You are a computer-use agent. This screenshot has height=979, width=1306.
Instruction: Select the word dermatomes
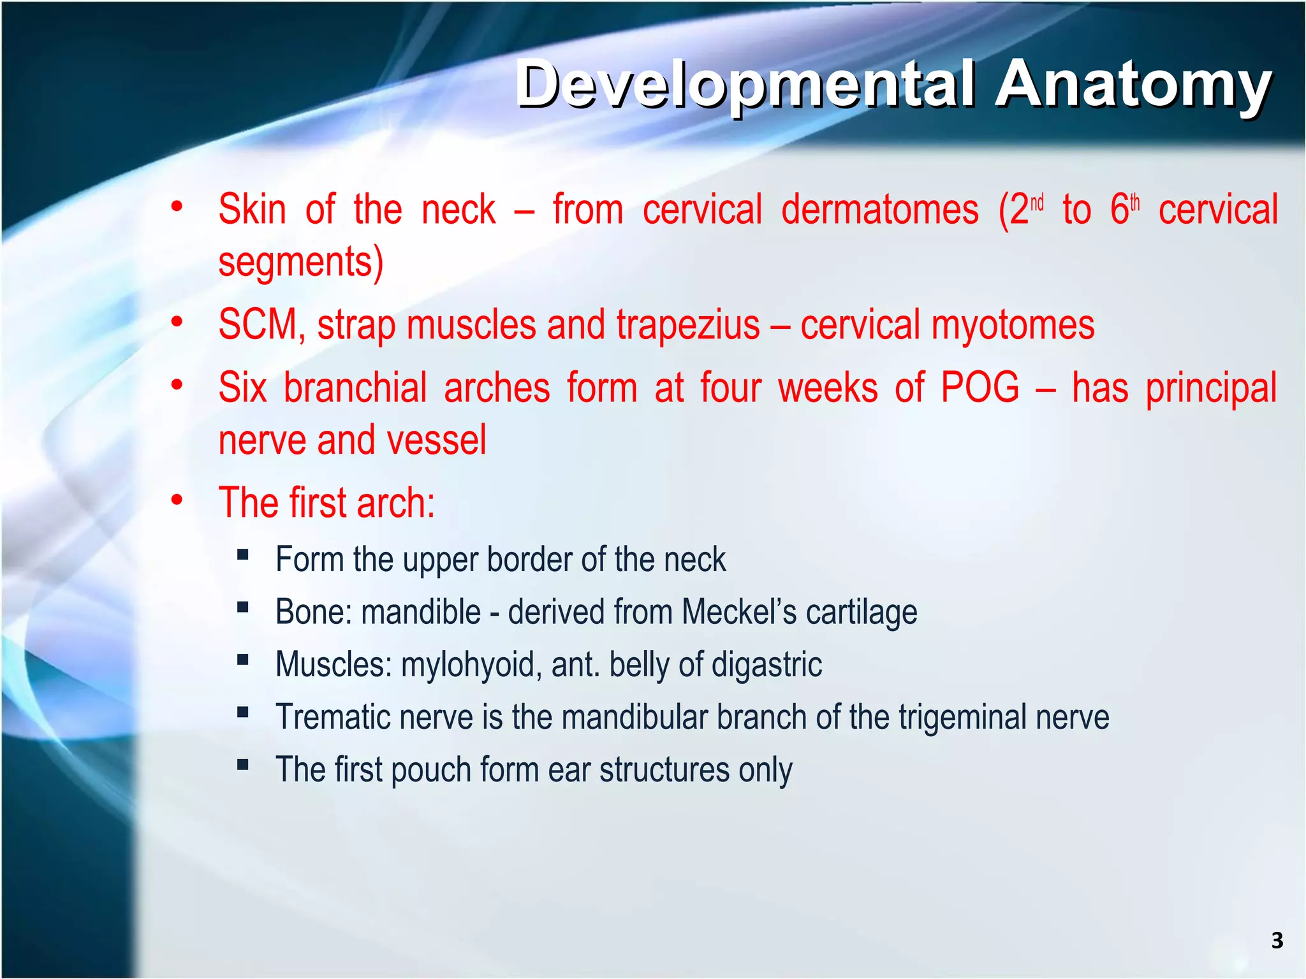click(x=879, y=210)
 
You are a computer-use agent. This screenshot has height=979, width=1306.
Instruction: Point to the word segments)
click(x=300, y=262)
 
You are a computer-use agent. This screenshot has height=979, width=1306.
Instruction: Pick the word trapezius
click(x=688, y=325)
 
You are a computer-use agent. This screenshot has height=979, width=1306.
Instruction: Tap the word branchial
click(x=355, y=388)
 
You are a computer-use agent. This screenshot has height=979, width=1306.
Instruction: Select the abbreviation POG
click(x=980, y=388)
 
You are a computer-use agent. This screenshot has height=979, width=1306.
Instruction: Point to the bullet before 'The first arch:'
click(x=177, y=500)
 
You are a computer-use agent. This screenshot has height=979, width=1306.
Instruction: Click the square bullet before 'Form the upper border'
click(x=242, y=555)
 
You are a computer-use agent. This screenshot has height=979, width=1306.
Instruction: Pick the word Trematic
click(x=332, y=717)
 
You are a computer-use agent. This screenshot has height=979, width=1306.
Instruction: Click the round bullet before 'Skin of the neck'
click(x=177, y=207)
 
